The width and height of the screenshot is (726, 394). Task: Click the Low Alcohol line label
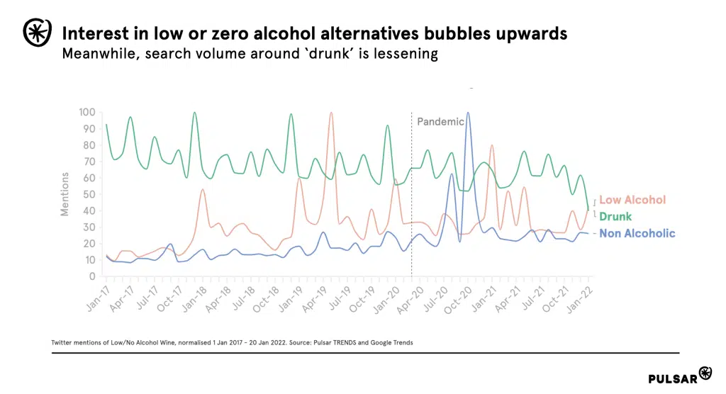click(632, 200)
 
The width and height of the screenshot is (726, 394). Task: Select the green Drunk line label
click(615, 216)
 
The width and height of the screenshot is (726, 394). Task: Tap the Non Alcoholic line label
click(637, 233)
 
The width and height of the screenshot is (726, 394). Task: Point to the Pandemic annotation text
click(440, 121)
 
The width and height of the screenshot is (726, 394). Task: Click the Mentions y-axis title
click(65, 194)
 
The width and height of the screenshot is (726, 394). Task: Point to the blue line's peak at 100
click(468, 113)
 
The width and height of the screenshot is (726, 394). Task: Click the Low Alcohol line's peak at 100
click(331, 113)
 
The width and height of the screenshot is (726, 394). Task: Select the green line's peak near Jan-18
click(194, 113)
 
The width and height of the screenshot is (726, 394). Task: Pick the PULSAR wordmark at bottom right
click(672, 378)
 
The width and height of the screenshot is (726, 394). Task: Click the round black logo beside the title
click(36, 31)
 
